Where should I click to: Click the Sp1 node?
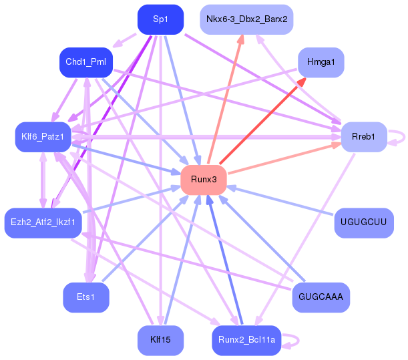click(160, 19)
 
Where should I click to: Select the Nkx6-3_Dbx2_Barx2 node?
click(246, 19)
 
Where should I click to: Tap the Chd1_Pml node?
click(86, 63)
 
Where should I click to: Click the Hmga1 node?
click(321, 63)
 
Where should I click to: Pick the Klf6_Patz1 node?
click(43, 137)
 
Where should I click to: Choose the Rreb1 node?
click(364, 137)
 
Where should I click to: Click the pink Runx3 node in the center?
click(204, 180)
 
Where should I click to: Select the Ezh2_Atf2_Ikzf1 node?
click(43, 223)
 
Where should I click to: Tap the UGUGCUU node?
click(364, 223)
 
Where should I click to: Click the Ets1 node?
click(86, 297)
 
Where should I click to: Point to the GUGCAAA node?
click(321, 297)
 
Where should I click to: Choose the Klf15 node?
click(160, 340)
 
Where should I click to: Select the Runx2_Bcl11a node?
click(246, 340)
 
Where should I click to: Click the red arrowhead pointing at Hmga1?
click(302, 82)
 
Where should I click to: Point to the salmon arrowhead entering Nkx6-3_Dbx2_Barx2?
click(240, 39)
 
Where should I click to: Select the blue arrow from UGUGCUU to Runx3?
click(280, 200)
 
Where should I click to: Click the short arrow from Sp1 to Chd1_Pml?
click(124, 40)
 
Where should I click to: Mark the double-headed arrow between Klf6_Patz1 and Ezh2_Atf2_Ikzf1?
click(43, 180)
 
